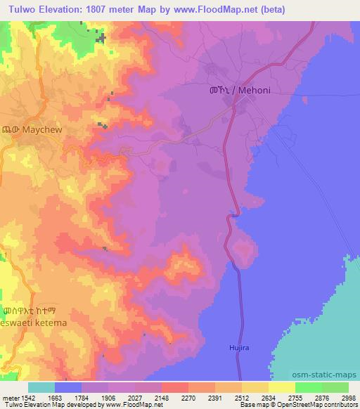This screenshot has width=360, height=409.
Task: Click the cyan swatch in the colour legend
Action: pyautogui.click(x=41, y=387)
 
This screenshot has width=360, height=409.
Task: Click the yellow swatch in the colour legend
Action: pyautogui.click(x=281, y=387)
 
